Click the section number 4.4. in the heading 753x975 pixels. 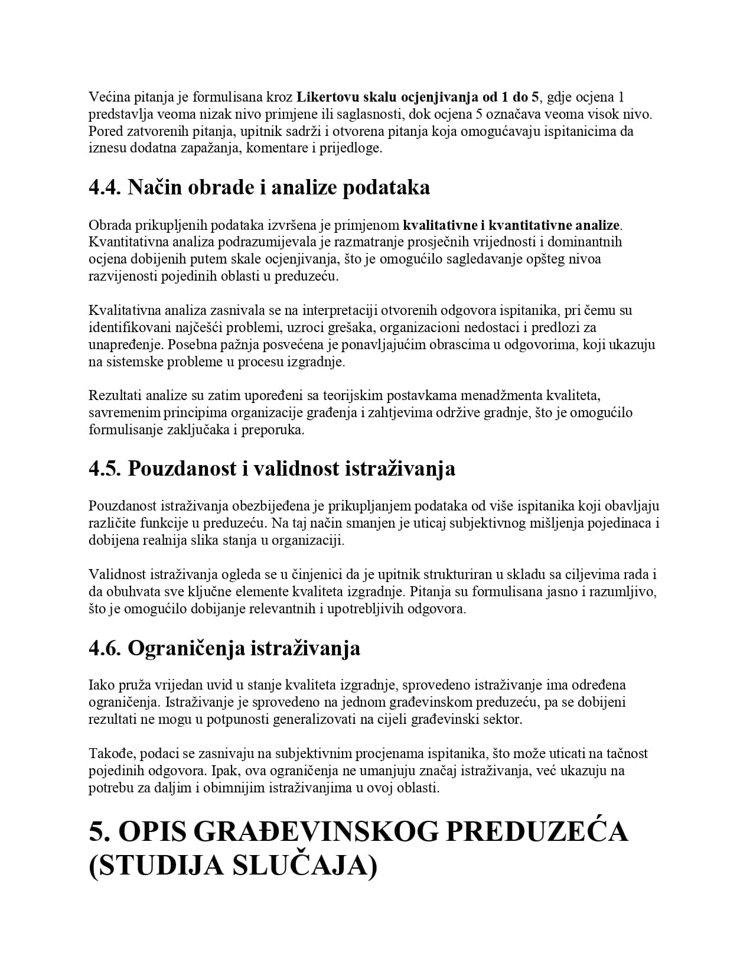pyautogui.click(x=105, y=187)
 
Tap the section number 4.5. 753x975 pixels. pyautogui.click(x=105, y=469)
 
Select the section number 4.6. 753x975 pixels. pyautogui.click(x=105, y=648)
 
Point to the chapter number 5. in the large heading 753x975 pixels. pyautogui.click(x=100, y=832)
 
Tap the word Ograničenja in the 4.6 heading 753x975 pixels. pyautogui.click(x=187, y=648)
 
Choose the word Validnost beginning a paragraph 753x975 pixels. pyautogui.click(x=118, y=574)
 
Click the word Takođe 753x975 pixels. pyautogui.click(x=107, y=753)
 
